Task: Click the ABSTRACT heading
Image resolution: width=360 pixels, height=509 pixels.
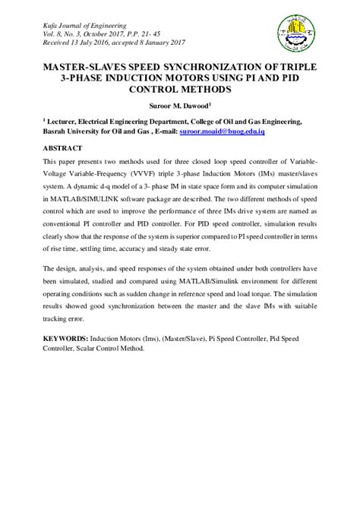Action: point(63,148)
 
